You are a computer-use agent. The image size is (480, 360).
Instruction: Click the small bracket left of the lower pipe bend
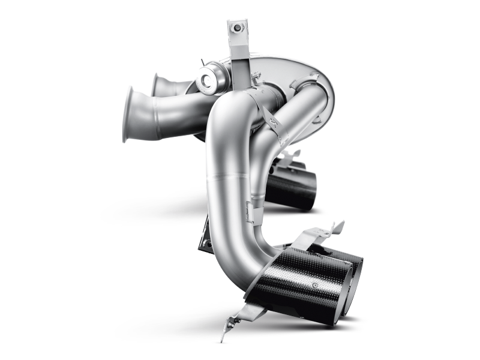[204, 237]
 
